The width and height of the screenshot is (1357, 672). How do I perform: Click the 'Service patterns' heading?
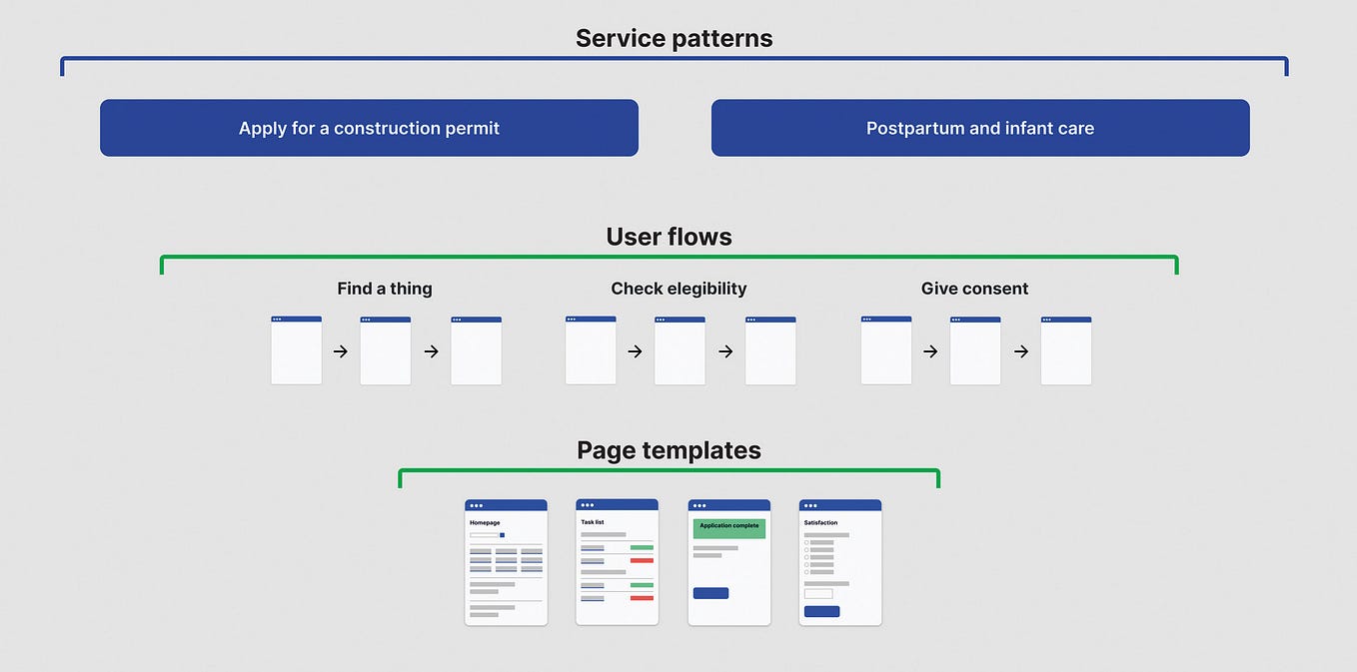click(674, 39)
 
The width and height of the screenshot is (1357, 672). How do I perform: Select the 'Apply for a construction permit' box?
click(369, 128)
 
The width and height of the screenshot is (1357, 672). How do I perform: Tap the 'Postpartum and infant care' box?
click(979, 128)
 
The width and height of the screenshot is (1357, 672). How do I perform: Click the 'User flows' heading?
click(669, 237)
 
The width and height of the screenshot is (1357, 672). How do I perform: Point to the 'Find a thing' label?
click(385, 289)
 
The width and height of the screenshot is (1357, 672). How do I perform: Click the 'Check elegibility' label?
click(678, 289)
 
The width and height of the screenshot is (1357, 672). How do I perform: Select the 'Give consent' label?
click(974, 289)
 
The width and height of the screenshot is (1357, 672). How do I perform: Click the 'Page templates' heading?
click(669, 450)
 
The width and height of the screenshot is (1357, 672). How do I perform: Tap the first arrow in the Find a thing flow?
click(341, 351)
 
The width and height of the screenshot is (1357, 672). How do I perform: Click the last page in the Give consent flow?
click(1065, 350)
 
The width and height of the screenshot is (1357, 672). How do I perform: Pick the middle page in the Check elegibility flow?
click(679, 350)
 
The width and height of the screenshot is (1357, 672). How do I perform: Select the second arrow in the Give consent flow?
click(1021, 351)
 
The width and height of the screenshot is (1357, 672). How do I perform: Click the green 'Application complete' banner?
click(728, 527)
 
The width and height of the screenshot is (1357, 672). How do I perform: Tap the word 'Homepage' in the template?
click(485, 523)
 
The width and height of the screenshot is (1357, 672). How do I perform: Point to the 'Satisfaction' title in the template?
click(820, 523)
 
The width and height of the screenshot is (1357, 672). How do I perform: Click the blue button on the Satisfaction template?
click(821, 611)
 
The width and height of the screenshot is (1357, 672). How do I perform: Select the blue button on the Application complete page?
click(710, 593)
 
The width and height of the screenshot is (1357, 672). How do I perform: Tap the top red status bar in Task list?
click(642, 560)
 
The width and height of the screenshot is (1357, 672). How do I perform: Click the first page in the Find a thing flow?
click(296, 350)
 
